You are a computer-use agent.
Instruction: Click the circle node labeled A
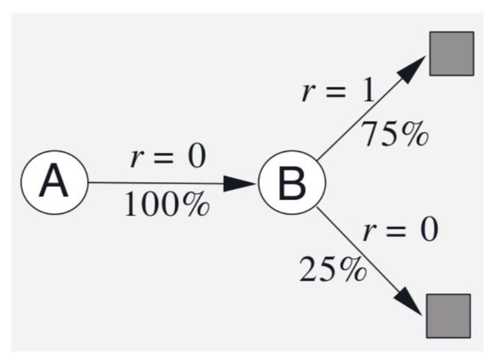click(54, 182)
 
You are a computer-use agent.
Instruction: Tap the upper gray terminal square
click(451, 53)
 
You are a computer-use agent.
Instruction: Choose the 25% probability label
click(333, 270)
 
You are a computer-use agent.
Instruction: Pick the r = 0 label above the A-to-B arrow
click(168, 158)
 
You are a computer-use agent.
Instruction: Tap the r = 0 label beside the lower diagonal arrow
click(400, 231)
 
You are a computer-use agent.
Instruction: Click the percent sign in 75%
click(415, 134)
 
